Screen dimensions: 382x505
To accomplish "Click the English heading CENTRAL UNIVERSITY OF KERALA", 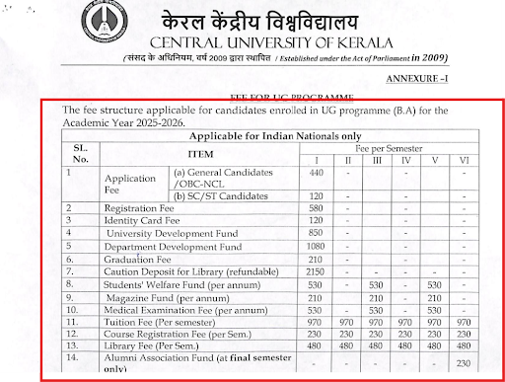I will [x=295, y=43].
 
